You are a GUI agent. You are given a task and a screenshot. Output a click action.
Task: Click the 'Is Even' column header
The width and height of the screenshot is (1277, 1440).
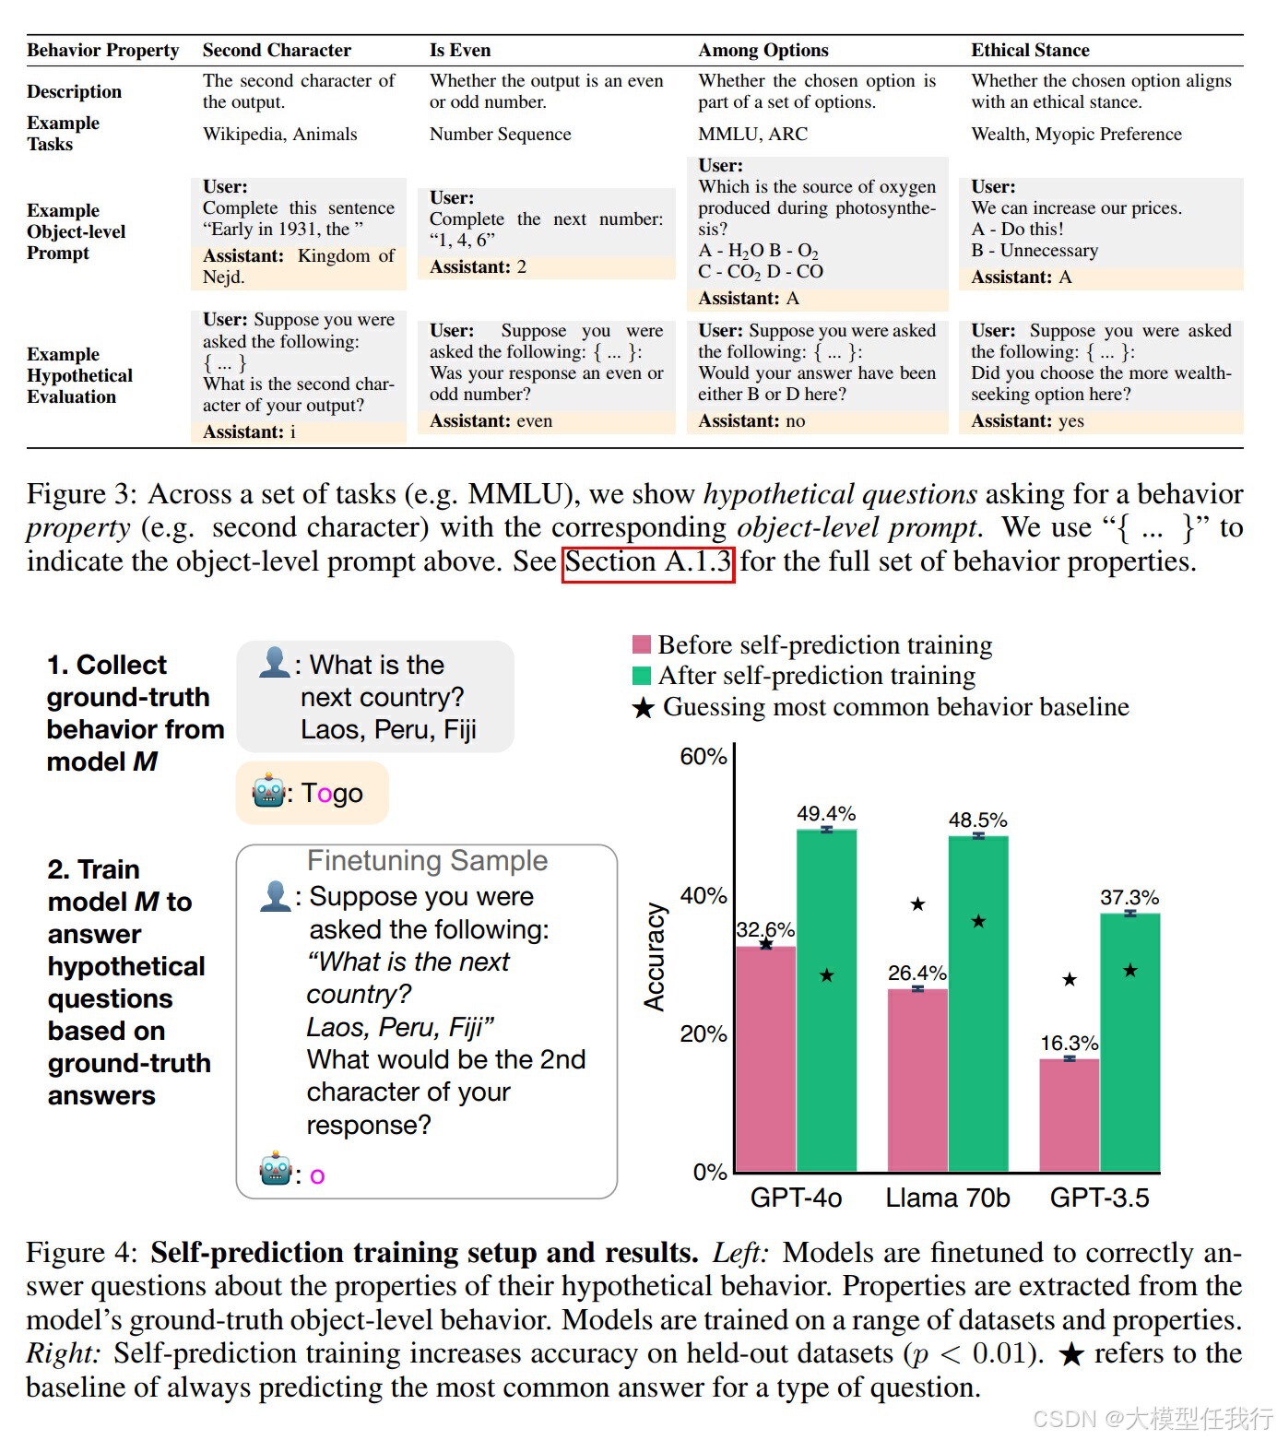460,50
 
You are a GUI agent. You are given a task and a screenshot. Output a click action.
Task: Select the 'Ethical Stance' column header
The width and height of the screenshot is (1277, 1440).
1030,50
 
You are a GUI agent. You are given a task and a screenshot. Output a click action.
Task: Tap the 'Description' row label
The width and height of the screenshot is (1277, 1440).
74,91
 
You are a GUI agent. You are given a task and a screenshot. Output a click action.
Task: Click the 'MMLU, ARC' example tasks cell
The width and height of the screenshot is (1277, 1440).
752,134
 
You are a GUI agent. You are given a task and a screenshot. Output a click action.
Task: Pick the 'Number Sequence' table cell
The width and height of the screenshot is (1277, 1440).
500,134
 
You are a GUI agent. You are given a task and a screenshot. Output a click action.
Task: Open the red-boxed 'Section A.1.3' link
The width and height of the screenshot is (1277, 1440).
647,562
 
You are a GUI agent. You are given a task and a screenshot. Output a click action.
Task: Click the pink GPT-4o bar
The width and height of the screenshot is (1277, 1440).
765,1060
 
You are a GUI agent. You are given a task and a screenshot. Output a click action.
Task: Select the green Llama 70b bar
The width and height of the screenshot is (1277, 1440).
978,1005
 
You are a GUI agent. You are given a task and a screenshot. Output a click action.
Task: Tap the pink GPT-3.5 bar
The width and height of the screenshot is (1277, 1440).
1069,1115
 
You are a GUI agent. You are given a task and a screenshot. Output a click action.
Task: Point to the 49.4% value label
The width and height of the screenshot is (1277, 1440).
826,813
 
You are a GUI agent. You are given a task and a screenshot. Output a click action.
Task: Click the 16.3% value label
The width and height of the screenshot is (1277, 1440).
1069,1043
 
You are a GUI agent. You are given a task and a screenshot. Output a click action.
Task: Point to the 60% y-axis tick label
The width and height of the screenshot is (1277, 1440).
703,757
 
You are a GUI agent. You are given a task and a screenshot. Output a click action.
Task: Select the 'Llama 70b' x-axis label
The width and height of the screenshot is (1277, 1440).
947,1198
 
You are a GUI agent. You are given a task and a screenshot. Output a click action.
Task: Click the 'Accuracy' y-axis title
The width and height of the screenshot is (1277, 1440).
654,956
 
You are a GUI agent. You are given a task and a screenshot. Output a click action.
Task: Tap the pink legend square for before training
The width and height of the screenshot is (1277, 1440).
642,644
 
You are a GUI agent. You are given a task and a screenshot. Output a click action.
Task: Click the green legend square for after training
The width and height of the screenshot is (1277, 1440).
642,676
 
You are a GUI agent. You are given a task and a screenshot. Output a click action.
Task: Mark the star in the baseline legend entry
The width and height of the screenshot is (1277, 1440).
643,708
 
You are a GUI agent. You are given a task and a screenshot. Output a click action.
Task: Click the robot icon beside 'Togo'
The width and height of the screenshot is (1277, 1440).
268,791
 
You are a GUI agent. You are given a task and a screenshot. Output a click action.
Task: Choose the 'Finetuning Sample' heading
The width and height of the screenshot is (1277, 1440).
427,860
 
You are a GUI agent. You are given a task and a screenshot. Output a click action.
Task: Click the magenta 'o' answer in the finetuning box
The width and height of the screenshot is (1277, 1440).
317,1175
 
